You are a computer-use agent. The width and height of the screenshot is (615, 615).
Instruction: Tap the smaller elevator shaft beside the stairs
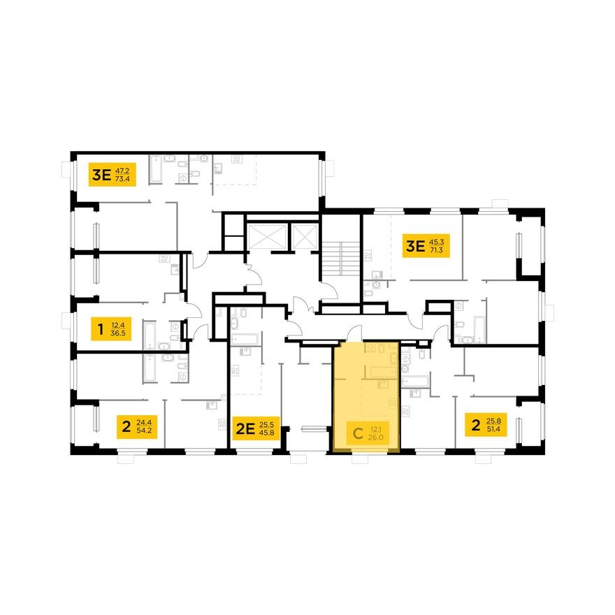pos(305,235)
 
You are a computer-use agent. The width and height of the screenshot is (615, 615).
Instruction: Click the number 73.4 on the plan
pos(124,179)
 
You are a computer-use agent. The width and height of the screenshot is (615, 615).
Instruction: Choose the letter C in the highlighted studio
pos(357,433)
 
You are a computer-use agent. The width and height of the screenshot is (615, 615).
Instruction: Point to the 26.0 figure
pos(377,438)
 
